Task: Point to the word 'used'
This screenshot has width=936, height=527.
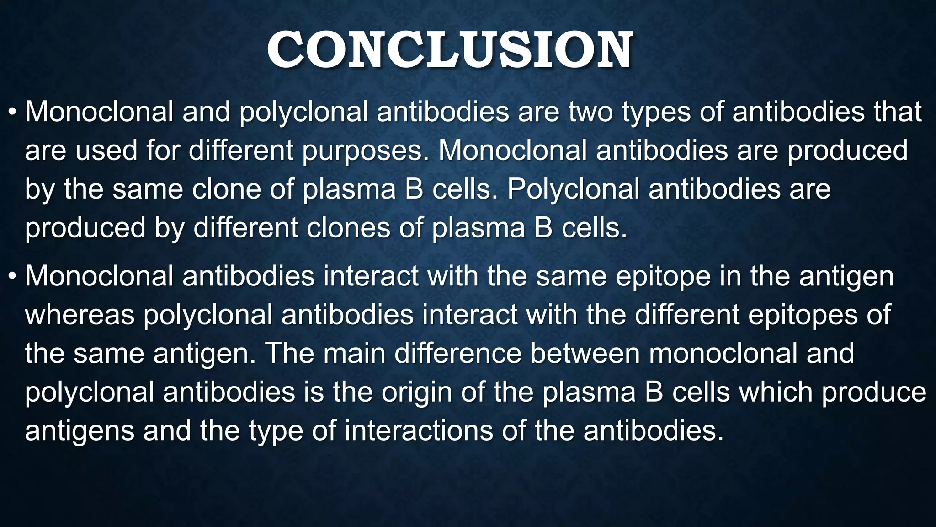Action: coord(106,151)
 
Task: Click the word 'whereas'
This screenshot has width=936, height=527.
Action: coord(80,315)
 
